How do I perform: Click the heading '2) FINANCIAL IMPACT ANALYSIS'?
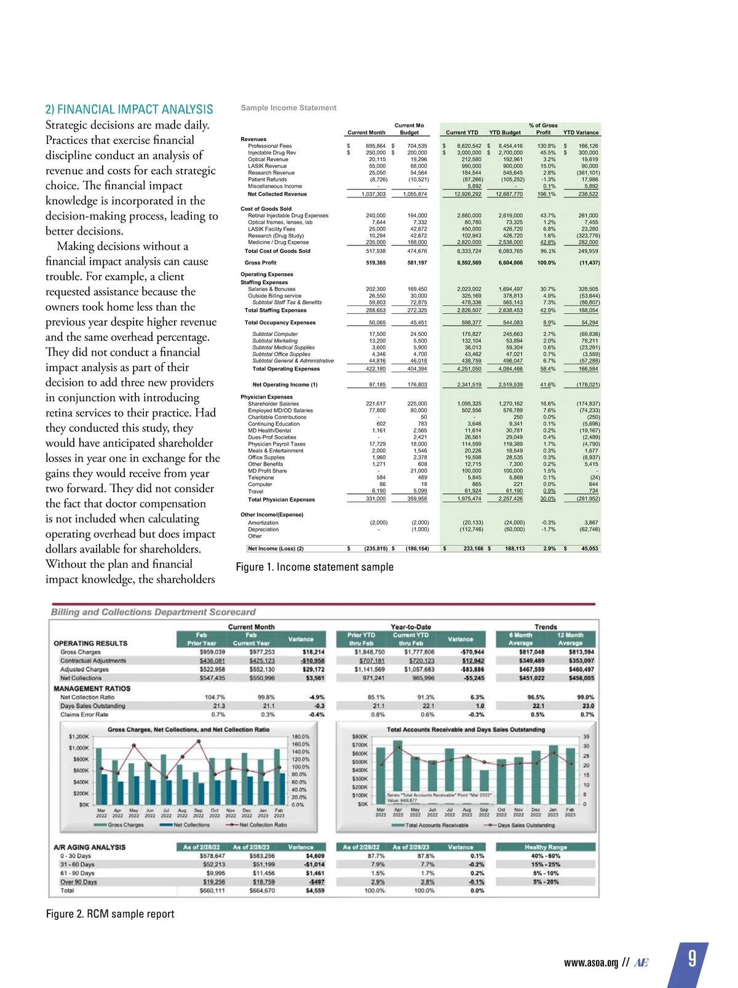(129, 110)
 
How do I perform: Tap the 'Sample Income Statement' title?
(288, 108)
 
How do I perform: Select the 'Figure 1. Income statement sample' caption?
(314, 567)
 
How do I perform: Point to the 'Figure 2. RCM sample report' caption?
(110, 914)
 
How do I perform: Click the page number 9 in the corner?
(692, 958)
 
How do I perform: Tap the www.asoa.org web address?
(590, 963)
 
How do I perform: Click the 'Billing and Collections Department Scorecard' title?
(153, 612)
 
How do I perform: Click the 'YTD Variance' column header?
(581, 132)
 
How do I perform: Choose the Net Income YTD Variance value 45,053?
(589, 549)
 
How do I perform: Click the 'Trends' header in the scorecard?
(546, 627)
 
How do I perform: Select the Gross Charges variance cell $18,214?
(313, 652)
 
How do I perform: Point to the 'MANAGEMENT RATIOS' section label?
(92, 688)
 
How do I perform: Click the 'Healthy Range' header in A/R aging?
(546, 847)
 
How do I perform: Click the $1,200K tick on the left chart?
(79, 736)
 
